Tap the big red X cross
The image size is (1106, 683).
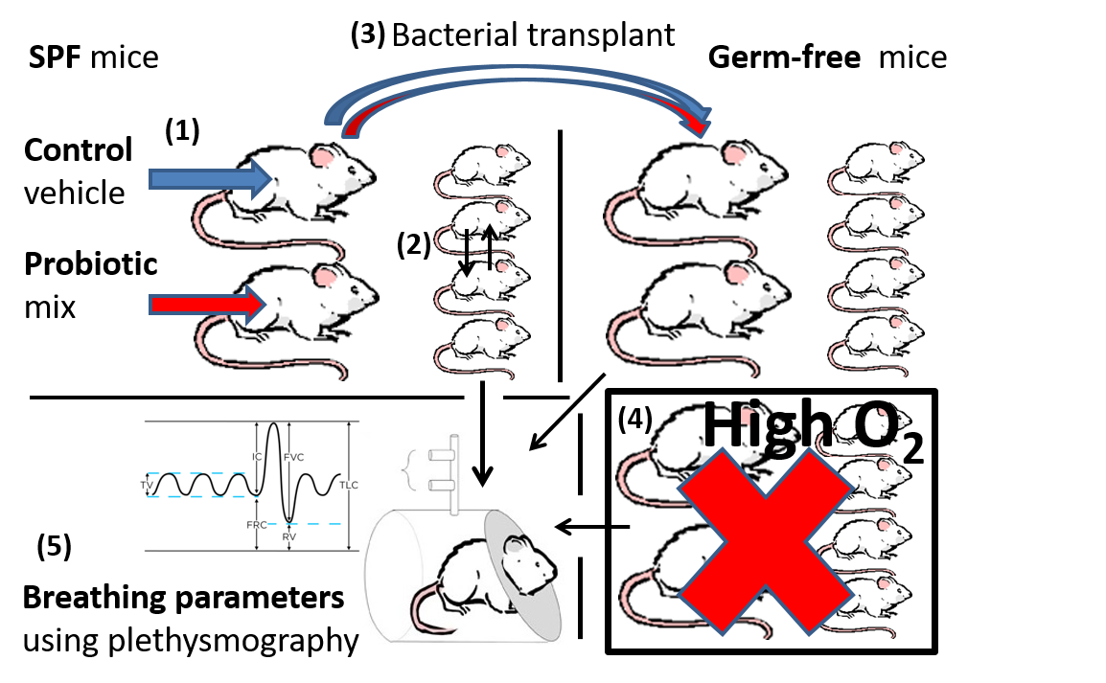[766, 542]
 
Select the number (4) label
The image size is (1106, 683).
[634, 420]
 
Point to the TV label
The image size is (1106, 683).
[147, 486]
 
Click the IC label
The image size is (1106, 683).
[257, 457]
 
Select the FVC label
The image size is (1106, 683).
[293, 458]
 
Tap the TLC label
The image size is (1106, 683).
[349, 486]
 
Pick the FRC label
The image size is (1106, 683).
[257, 526]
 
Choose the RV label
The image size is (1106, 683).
[288, 537]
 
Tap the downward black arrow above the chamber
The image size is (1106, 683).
[482, 460]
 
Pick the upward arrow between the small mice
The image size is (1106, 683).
[490, 246]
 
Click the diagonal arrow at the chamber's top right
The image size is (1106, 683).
[541, 439]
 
